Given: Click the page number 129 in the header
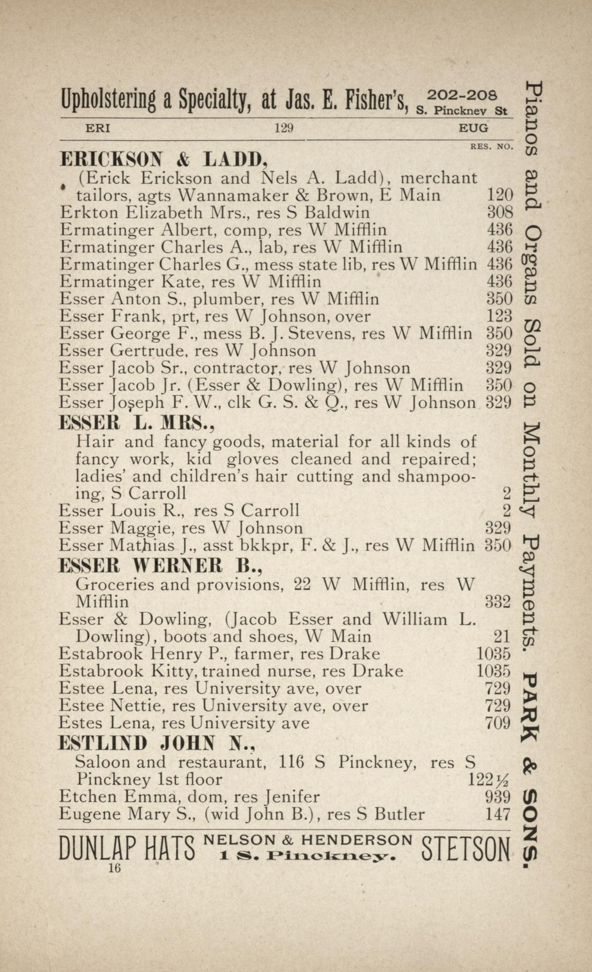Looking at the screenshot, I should (283, 128).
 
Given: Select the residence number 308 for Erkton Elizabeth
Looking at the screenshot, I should (500, 213).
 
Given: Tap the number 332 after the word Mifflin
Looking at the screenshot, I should (497, 602).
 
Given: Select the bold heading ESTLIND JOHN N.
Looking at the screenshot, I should (157, 743).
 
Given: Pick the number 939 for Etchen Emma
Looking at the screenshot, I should (497, 797).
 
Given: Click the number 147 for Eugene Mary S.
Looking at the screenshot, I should (497, 814).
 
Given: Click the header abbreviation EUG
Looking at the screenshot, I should (473, 128).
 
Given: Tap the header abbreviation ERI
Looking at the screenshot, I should (98, 128).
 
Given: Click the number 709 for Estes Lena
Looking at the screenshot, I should (497, 723).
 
